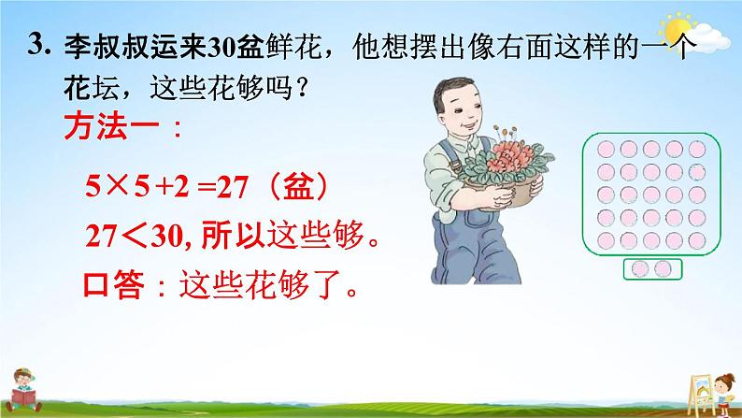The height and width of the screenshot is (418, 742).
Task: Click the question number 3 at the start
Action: click(x=36, y=45)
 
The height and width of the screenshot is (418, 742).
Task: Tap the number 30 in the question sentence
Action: click(x=221, y=47)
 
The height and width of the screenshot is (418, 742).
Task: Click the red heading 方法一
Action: click(x=112, y=127)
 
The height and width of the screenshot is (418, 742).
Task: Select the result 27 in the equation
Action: click(x=233, y=187)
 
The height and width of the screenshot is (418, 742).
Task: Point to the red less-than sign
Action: click(x=135, y=236)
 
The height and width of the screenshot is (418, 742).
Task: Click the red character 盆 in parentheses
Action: click(x=298, y=186)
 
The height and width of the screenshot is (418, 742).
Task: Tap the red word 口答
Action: click(x=114, y=284)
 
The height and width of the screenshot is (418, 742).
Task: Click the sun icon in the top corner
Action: click(x=677, y=29)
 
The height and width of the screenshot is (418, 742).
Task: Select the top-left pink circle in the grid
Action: click(x=606, y=149)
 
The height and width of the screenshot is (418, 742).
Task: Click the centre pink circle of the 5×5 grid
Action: click(x=651, y=195)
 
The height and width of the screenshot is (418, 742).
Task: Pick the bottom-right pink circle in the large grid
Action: click(x=697, y=240)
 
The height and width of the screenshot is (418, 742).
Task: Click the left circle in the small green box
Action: click(x=640, y=269)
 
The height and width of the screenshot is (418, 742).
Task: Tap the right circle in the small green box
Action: click(x=663, y=269)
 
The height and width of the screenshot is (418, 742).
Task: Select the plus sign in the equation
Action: click(x=164, y=188)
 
